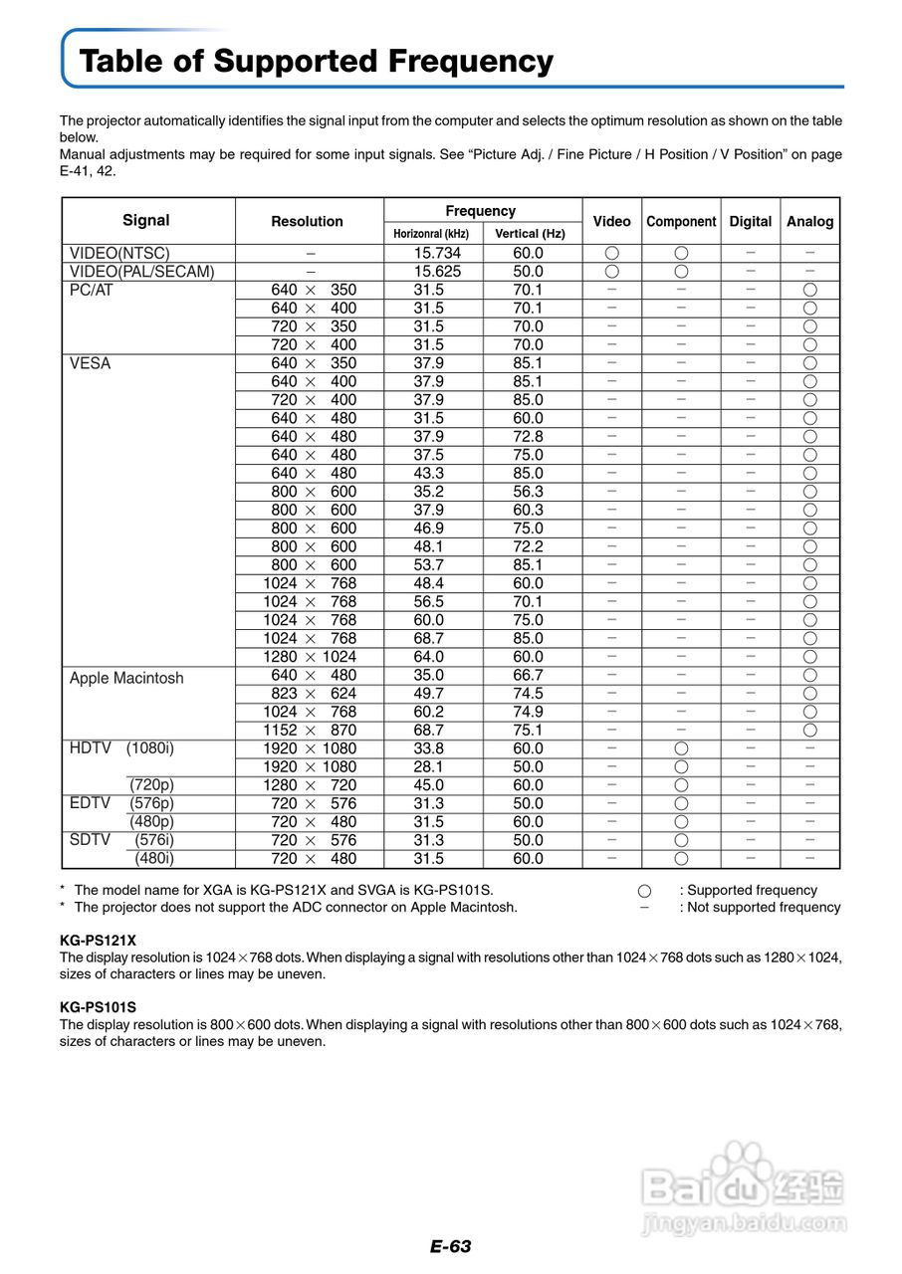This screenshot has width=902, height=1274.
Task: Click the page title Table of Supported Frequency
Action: pyautogui.click(x=316, y=62)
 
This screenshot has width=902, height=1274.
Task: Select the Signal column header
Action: pyautogui.click(x=146, y=220)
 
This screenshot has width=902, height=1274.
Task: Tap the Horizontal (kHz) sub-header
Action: pyautogui.click(x=431, y=234)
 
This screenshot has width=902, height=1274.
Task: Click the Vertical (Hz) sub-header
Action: pyautogui.click(x=530, y=234)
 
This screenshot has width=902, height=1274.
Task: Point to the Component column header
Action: pyautogui.click(x=681, y=222)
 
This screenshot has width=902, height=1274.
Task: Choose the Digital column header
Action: pyautogui.click(x=750, y=221)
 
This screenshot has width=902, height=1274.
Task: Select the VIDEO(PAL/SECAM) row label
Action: pyautogui.click(x=141, y=272)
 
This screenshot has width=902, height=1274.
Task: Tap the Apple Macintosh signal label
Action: pyautogui.click(x=126, y=678)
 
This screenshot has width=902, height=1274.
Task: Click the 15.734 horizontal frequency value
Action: pyautogui.click(x=435, y=253)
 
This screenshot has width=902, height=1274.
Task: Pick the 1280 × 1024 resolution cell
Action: pyautogui.click(x=310, y=657)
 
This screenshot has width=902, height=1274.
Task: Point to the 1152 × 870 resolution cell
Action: pyautogui.click(x=310, y=730)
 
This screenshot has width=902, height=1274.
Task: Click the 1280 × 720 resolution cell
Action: pyautogui.click(x=310, y=785)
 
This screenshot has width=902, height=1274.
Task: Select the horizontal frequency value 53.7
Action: pyautogui.click(x=429, y=565)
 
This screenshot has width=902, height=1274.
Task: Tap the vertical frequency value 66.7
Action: pyautogui.click(x=528, y=675)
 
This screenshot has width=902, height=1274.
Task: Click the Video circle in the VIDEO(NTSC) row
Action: pyautogui.click(x=611, y=253)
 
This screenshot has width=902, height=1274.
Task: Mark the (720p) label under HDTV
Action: pyautogui.click(x=151, y=785)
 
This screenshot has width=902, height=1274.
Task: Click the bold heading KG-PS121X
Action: pyautogui.click(x=98, y=940)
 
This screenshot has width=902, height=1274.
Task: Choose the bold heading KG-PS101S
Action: pyautogui.click(x=98, y=1006)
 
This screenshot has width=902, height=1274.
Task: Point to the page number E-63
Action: pyautogui.click(x=450, y=1246)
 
